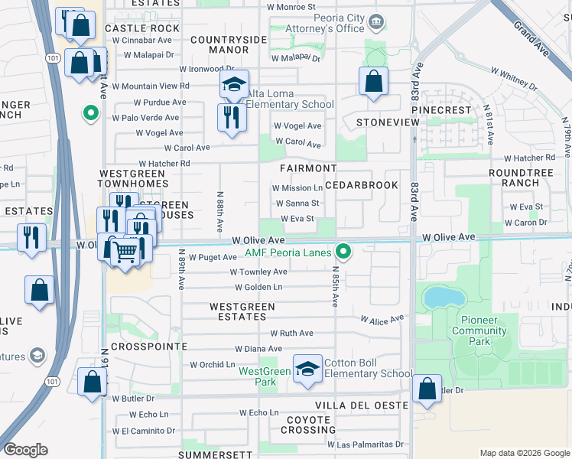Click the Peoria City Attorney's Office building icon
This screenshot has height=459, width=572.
[x=375, y=21]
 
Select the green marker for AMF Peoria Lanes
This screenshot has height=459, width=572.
[x=344, y=250]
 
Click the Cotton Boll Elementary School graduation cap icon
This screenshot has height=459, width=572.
[x=307, y=368]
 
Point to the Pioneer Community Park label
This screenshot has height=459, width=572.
[x=479, y=325]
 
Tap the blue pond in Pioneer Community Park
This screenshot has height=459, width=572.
[x=439, y=297]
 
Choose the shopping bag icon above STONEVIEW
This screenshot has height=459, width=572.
[x=372, y=82]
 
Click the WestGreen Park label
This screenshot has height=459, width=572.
[x=265, y=376]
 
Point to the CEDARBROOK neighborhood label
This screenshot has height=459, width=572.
[x=362, y=185]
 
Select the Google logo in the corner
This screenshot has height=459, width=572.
[x=25, y=449]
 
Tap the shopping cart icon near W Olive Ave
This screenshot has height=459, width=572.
[x=127, y=252]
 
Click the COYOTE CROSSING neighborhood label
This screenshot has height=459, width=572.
[x=308, y=425]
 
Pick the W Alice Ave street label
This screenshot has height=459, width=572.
[x=382, y=320]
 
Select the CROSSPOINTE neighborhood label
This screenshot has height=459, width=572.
[x=149, y=347]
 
